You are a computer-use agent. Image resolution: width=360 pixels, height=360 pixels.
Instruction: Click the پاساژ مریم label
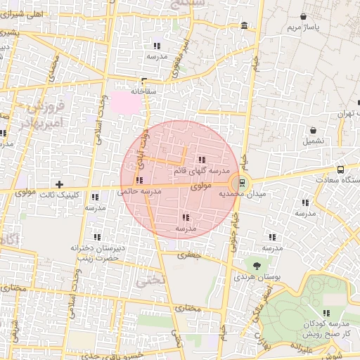click(303, 27)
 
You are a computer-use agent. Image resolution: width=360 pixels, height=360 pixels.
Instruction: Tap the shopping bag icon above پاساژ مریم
click(303, 16)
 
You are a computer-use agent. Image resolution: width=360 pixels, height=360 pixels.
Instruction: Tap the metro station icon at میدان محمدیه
click(243, 183)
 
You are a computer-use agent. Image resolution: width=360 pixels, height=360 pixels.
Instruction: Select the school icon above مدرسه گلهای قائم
click(202, 160)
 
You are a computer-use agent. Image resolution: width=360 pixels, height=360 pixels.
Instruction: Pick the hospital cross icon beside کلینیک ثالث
click(59, 184)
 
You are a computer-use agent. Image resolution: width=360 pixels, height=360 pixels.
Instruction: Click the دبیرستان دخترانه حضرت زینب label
click(96, 253)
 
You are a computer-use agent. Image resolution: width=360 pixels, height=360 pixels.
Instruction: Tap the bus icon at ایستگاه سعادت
click(341, 169)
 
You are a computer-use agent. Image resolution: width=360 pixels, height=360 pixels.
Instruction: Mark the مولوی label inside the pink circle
click(200, 186)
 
